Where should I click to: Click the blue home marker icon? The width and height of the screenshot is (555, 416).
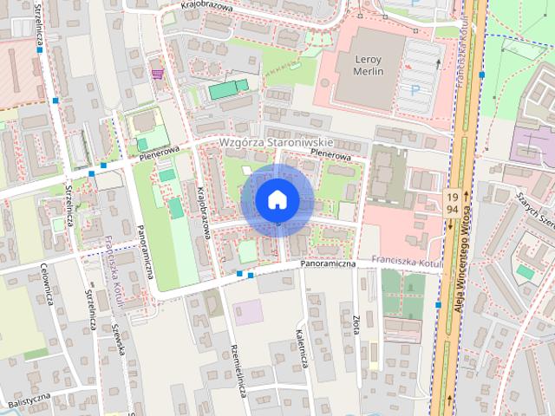coord(277,200)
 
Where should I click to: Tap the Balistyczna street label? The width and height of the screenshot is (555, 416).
coord(26,400)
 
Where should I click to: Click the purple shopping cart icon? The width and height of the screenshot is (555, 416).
coord(157,74)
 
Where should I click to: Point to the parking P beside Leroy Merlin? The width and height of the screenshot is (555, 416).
coord(415,90)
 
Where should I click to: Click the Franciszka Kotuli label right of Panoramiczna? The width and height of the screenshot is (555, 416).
coord(406,261)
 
